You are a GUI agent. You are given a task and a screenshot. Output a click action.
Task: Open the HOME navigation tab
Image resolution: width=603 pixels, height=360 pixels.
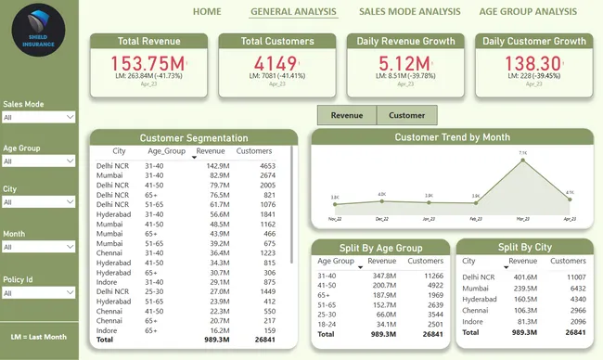tap(206, 11)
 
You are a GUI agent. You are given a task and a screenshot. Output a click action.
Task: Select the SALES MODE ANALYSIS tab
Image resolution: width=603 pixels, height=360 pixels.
tap(409, 11)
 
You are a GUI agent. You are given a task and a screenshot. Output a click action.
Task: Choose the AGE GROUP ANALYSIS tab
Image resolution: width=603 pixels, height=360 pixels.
tap(527, 11)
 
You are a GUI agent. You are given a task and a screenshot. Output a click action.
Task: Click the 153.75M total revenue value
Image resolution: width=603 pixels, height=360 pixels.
tap(148, 62)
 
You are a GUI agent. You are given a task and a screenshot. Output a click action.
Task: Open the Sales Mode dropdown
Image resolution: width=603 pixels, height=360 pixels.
tap(38, 118)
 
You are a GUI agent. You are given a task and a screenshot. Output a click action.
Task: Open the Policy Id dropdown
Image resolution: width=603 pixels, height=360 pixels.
tap(38, 291)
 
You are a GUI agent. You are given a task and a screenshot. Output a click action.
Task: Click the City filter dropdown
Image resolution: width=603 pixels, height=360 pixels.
tap(38, 204)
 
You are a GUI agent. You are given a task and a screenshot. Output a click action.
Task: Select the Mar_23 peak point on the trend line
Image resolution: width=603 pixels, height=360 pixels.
tap(522, 160)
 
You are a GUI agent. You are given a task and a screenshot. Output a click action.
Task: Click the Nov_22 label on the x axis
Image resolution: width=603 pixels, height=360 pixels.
tap(335, 219)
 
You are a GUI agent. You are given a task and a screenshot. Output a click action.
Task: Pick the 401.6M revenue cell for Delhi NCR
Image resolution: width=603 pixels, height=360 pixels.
tap(524, 276)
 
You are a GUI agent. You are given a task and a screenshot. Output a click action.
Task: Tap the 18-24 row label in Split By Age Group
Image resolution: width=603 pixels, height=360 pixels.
tap(327, 324)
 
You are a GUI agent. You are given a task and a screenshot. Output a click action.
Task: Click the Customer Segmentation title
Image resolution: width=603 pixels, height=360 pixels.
tap(194, 137)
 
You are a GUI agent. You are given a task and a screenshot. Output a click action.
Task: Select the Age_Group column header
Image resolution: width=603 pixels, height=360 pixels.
tap(163, 151)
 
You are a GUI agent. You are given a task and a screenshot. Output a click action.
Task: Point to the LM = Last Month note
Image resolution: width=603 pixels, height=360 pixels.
tap(39, 335)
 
